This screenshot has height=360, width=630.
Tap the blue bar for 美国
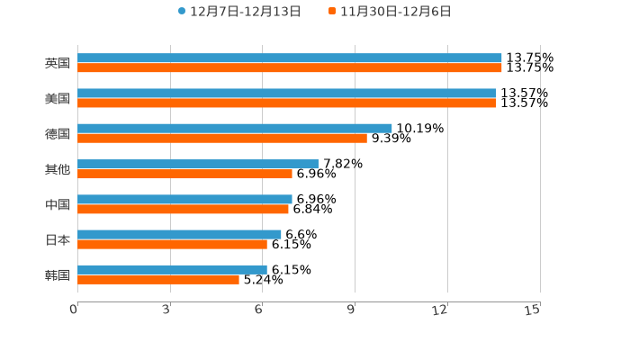(x=286, y=93)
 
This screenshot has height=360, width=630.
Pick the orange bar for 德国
(x=222, y=138)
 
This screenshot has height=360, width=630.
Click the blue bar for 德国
(x=235, y=128)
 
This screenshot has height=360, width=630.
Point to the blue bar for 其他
(x=198, y=164)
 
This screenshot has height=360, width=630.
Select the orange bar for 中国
(x=183, y=209)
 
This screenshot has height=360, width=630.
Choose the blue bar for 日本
(x=179, y=234)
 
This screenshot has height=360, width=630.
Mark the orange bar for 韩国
(x=158, y=279)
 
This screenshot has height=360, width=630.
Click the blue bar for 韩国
(x=172, y=269)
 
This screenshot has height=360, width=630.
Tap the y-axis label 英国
(x=58, y=63)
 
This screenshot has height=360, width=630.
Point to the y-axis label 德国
(x=58, y=133)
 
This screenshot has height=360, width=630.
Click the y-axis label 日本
(x=58, y=239)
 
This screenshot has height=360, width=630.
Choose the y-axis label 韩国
(x=58, y=274)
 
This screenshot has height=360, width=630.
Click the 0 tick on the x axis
(x=75, y=310)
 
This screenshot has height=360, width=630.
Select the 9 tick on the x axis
(x=352, y=310)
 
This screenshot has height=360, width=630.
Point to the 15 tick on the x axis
(x=533, y=310)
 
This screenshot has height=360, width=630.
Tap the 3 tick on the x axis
(x=167, y=310)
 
